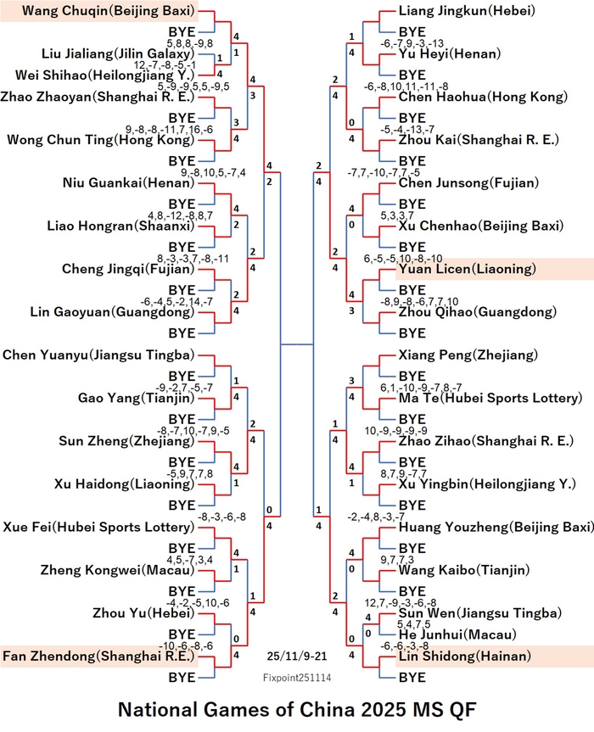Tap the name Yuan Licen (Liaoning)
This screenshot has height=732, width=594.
pos(468,269)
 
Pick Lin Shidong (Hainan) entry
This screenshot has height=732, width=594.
pos(465,656)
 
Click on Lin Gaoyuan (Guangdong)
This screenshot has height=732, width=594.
pos(112,312)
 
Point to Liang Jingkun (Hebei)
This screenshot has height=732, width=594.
pos(467,11)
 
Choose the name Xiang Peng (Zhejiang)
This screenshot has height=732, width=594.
pos(468,355)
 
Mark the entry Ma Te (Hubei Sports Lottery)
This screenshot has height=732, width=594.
pos(490,398)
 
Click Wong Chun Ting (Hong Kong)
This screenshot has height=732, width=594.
pos(100,140)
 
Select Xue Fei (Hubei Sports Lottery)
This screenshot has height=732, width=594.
pos(98,527)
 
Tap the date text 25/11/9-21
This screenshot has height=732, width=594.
pos(297,657)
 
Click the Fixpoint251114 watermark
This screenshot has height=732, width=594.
pos(297,678)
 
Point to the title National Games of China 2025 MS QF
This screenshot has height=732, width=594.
pos(297,710)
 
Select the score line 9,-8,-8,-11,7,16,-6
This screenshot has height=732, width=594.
pos(169,129)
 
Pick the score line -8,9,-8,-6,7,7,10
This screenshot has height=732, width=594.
pos(419,302)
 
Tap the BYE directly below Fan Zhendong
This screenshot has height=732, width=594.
pos(182,678)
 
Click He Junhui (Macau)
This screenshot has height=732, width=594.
pos(457,634)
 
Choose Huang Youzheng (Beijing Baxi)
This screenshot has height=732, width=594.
pos(496,527)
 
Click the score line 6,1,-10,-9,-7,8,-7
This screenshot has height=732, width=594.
pos(421,388)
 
